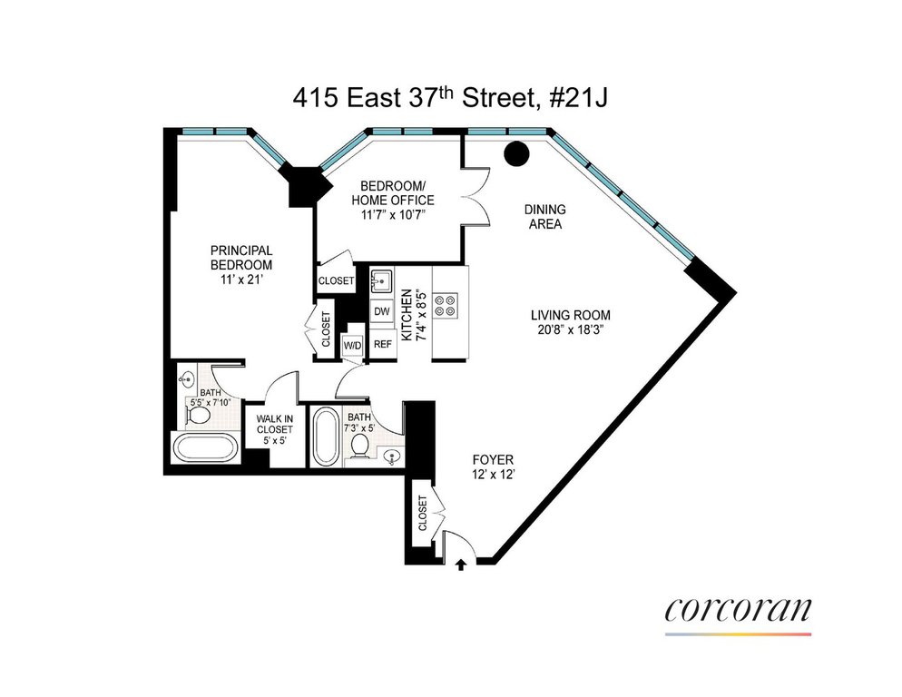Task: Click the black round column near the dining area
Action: (x=516, y=153)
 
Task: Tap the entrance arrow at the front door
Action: (x=460, y=564)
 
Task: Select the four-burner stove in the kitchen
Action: (x=446, y=306)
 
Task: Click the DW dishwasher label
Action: (x=382, y=311)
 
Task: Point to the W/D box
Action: (x=353, y=346)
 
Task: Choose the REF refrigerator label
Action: (x=383, y=344)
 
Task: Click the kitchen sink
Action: (x=381, y=282)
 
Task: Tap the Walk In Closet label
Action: (x=275, y=424)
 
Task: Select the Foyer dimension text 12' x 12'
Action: (x=493, y=475)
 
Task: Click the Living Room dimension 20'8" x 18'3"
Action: (x=570, y=330)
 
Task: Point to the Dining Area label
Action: (x=544, y=217)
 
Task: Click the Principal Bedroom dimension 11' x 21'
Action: (x=241, y=280)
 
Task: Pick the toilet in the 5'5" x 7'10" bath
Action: (x=199, y=417)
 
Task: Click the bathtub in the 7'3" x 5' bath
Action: (x=326, y=437)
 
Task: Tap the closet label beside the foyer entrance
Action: (x=423, y=514)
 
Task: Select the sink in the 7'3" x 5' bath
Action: (x=392, y=456)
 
